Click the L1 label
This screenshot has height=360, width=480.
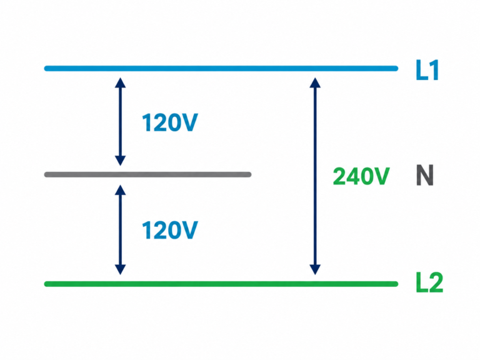point(427,70)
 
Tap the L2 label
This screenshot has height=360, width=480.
point(429,282)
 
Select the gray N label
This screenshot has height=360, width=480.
point(425,175)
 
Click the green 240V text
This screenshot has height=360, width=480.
point(361,176)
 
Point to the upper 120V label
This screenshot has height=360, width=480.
point(170,122)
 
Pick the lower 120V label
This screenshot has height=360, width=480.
point(170,230)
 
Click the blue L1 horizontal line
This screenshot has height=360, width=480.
point(221,68)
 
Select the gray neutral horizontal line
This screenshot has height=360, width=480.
point(148,174)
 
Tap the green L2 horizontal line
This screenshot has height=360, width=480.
point(221,284)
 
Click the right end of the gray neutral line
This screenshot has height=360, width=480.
point(250,174)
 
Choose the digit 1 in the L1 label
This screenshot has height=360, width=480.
point(434,70)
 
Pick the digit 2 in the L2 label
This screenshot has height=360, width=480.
point(436,282)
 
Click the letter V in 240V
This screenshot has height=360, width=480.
point(381,176)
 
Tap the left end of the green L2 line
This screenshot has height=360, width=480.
point(46,284)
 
